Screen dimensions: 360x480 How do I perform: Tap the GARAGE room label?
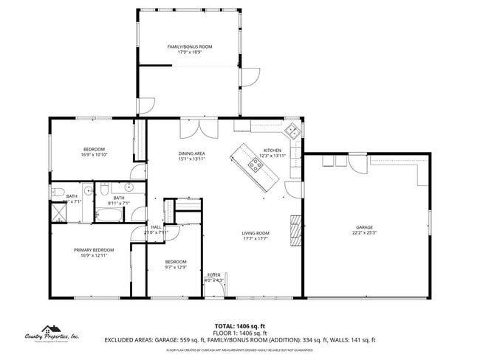(x=363, y=227)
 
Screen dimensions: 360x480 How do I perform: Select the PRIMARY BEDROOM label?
(x=94, y=250)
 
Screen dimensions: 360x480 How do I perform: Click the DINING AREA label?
(x=191, y=153)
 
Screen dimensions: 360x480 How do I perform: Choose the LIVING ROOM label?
(x=255, y=233)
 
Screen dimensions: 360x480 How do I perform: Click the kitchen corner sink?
(x=293, y=131)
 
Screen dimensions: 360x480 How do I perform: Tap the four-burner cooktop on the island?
(x=256, y=166)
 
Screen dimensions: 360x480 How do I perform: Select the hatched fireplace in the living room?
(x=296, y=229)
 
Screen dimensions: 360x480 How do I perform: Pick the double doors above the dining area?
(x=199, y=127)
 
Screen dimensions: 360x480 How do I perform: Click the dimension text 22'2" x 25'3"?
(x=363, y=233)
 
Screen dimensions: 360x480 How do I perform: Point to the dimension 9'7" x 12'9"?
(x=176, y=267)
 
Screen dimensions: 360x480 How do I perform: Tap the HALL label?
(x=157, y=226)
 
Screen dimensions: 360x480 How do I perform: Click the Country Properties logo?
(x=52, y=335)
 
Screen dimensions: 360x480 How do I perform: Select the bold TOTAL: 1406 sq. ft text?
(x=240, y=325)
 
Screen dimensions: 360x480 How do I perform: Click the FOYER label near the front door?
(x=213, y=274)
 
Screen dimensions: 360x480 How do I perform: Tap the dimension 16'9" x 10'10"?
(x=94, y=155)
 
